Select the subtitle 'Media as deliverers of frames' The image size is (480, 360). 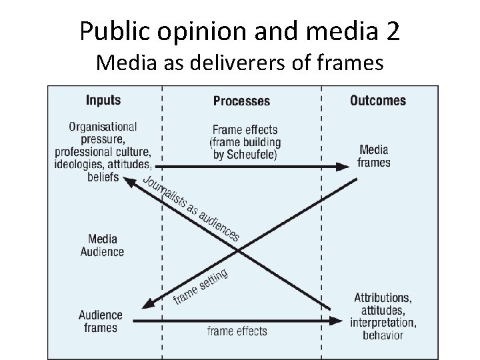pos(240,63)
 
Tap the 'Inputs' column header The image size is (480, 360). pos(103,101)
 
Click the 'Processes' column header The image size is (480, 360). pos(241,101)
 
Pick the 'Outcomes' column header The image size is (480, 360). pos(378,101)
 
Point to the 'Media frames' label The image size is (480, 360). pos(373,156)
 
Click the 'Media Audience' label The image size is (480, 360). pos(102,245)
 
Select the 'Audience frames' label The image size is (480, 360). pos(101,321)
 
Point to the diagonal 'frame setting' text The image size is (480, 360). pos(200,285)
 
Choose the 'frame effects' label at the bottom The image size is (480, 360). pos(237,331)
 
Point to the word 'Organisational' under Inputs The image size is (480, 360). pos(103,126)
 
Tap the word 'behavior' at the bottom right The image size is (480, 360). pos(383,335)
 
